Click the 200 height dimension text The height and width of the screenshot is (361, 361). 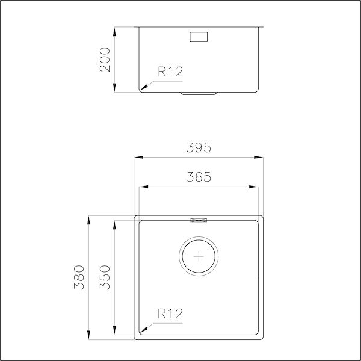pyautogui.click(x=105, y=59)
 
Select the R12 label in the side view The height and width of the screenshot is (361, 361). pyautogui.click(x=170, y=72)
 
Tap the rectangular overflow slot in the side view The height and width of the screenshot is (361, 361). pyautogui.click(x=199, y=36)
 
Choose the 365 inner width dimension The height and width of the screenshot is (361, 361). pyautogui.click(x=199, y=177)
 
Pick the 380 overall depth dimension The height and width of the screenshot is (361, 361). pyautogui.click(x=79, y=277)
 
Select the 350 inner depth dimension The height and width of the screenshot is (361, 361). pyautogui.click(x=105, y=277)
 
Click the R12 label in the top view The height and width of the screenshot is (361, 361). pyautogui.click(x=170, y=313)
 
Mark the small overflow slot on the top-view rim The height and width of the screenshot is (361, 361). pyautogui.click(x=199, y=220)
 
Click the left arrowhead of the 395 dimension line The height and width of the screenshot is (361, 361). pyautogui.click(x=137, y=158)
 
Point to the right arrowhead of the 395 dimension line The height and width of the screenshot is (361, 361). pyautogui.click(x=260, y=158)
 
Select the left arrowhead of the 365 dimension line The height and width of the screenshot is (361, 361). pyautogui.click(x=143, y=187)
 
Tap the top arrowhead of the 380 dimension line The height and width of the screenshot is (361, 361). pyautogui.click(x=88, y=218)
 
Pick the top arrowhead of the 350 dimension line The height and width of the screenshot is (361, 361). pyautogui.click(x=114, y=223)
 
